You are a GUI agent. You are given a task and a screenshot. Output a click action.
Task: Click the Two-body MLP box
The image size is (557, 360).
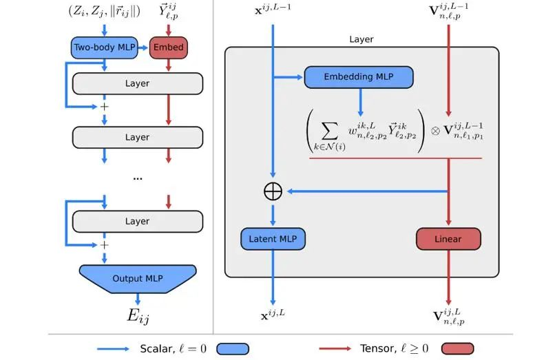[x=103, y=48]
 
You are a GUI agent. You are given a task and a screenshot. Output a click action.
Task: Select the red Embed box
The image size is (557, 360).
[x=168, y=48]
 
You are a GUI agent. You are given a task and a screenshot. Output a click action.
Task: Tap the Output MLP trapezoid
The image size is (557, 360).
[x=137, y=278]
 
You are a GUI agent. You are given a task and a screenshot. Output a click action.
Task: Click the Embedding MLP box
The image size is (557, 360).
[x=359, y=77]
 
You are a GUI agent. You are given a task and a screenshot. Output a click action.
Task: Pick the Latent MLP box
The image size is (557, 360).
[x=273, y=239]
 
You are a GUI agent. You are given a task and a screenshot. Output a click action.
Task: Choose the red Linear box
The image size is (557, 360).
[x=448, y=239]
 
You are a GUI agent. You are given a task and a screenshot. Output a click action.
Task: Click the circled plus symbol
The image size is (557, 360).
[x=273, y=191]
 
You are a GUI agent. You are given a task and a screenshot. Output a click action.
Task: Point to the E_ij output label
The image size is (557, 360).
[x=138, y=316]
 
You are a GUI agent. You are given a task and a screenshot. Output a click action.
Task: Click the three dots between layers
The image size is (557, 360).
[x=137, y=178]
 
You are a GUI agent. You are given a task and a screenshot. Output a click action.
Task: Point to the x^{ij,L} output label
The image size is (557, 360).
[x=273, y=316]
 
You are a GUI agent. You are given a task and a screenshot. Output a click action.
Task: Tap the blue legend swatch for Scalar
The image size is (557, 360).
[x=233, y=349]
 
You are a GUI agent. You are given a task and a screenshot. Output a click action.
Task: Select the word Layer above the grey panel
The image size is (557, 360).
[x=361, y=39]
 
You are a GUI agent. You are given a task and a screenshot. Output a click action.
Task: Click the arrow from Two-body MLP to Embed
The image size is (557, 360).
[x=143, y=48]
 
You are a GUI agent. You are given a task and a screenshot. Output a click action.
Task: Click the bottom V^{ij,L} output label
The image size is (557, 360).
[x=448, y=317]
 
